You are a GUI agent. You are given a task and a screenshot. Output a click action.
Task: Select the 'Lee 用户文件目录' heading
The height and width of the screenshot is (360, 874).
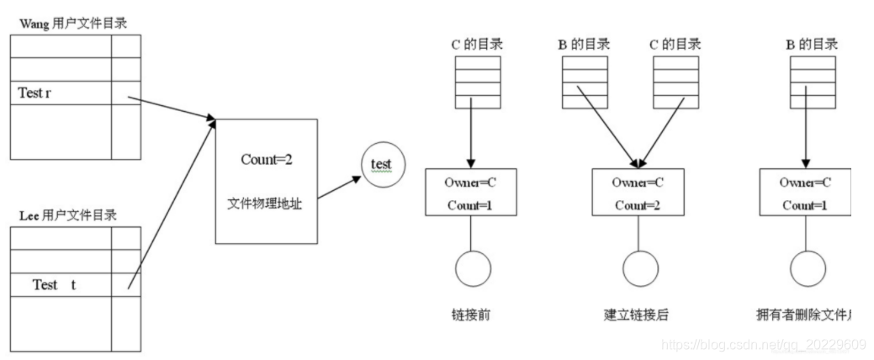[x=68, y=215]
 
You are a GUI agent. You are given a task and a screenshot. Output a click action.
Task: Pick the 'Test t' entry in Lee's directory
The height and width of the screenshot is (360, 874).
[x=55, y=285]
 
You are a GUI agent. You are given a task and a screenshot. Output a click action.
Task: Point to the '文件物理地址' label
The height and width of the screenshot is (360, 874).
[x=266, y=204]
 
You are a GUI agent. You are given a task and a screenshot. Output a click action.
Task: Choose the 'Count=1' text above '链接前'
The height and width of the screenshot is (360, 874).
[x=470, y=205]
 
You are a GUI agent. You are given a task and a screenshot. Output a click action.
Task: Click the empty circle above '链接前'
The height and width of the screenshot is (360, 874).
[x=471, y=269]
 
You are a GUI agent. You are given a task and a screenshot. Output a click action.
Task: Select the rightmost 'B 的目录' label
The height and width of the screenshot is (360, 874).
[x=810, y=45]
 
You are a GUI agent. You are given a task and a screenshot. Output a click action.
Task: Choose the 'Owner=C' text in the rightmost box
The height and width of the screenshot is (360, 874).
[x=805, y=182]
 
